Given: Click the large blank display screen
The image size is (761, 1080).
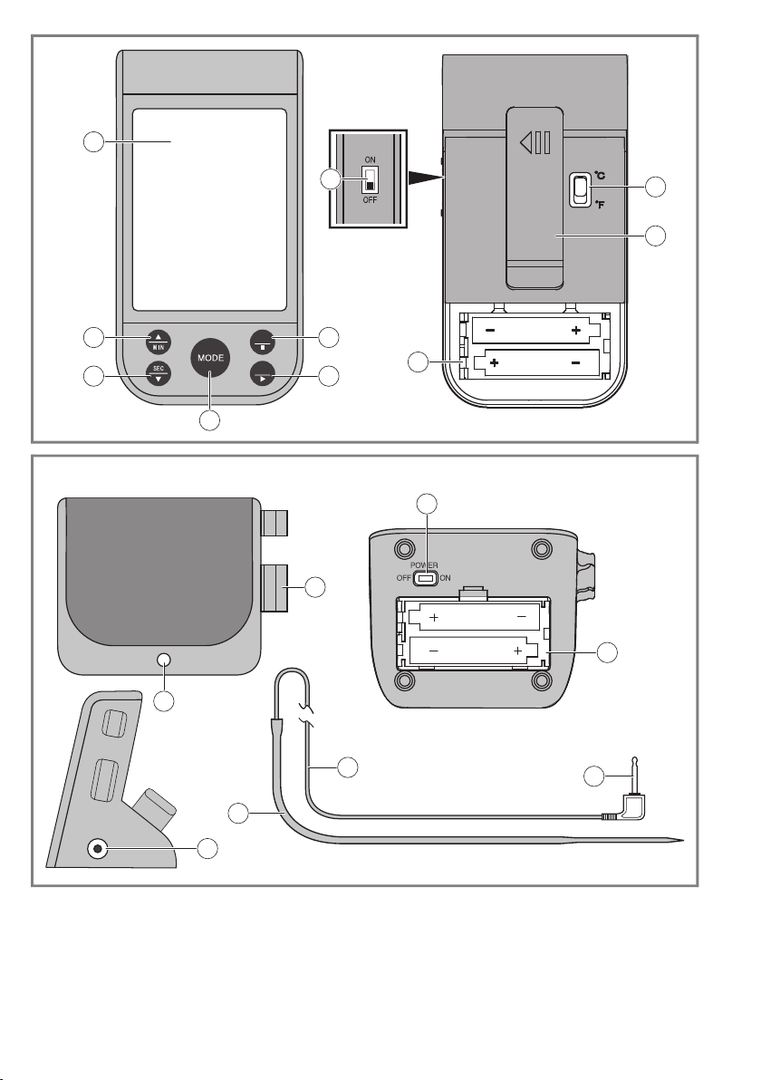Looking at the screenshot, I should [x=209, y=209].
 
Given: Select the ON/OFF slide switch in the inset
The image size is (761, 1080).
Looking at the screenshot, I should [x=369, y=180].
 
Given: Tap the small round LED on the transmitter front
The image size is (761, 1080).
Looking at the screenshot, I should [x=164, y=660].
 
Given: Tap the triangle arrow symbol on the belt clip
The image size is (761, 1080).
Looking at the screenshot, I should [x=527, y=142].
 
